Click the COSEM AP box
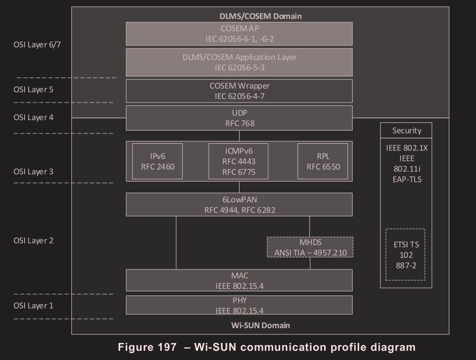click(x=239, y=33)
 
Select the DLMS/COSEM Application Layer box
click(x=239, y=61)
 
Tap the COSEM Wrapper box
click(x=239, y=91)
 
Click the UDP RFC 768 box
click(x=239, y=118)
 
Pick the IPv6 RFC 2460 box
click(x=157, y=161)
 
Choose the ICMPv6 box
click(x=239, y=161)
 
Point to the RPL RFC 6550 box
click(x=322, y=161)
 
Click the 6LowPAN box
click(x=239, y=204)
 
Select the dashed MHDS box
click(x=310, y=247)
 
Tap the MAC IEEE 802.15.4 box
click(x=239, y=280)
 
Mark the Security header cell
click(x=406, y=131)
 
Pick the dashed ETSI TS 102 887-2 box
click(x=406, y=255)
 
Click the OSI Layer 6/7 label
click(x=37, y=44)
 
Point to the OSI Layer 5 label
click(x=34, y=89)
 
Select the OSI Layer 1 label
click(x=34, y=306)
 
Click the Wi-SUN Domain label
click(x=260, y=325)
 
